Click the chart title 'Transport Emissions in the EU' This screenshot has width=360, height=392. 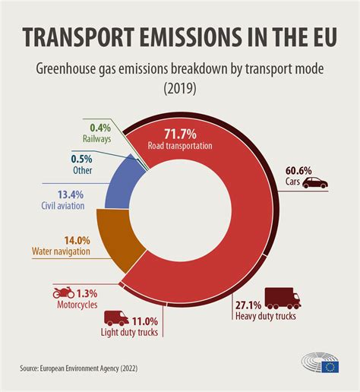tap(180, 38)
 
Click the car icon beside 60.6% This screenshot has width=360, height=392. tap(314, 183)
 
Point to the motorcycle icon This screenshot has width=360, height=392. tap(63, 292)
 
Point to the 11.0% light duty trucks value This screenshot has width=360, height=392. tap(145, 321)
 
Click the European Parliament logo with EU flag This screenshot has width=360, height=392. tap(318, 366)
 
